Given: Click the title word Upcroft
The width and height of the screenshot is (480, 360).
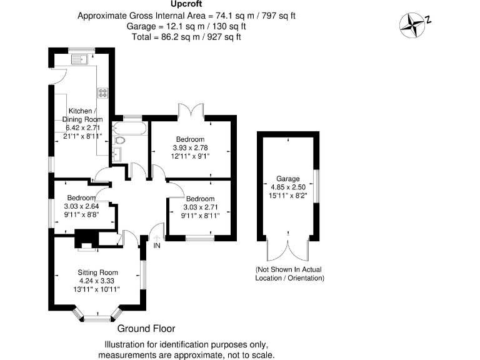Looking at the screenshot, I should tap(186, 5).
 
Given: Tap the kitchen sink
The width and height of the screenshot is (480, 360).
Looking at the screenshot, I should tap(79, 61).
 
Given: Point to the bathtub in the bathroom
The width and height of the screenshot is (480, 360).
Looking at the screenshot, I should tap(130, 129).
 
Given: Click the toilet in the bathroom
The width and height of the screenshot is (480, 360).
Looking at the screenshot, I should tap(119, 141).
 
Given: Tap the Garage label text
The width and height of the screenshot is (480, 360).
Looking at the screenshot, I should tap(289, 179).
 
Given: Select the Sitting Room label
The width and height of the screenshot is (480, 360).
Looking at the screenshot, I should tap(97, 272).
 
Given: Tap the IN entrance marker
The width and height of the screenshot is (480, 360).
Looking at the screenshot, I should tap(157, 246).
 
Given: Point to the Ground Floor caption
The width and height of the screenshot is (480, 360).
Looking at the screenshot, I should tap(146, 329).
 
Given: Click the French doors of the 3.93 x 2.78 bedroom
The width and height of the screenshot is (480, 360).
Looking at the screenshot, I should tap(191, 111).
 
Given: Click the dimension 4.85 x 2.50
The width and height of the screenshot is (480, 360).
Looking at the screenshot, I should tap(289, 187).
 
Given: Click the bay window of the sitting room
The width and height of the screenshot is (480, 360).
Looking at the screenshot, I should tap(97, 317).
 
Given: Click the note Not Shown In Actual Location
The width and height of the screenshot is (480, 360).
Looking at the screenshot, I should tap(288, 274).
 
